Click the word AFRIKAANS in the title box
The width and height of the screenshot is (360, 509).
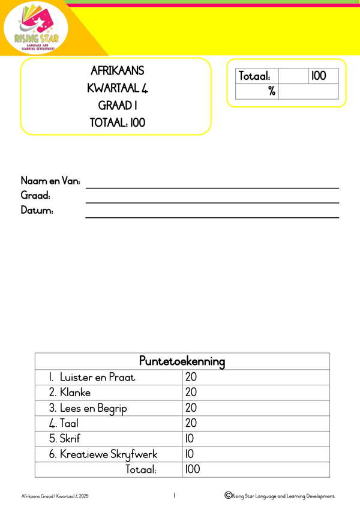pyautogui.click(x=117, y=71)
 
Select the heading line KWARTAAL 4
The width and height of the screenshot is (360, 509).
pyautogui.click(x=117, y=88)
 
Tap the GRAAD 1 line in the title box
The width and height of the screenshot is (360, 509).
pyautogui.click(x=117, y=106)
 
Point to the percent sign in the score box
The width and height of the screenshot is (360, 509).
pyautogui.click(x=271, y=91)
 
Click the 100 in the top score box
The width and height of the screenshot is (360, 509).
pyautogui.click(x=319, y=76)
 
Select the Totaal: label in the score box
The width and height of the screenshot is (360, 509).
pyautogui.click(x=254, y=76)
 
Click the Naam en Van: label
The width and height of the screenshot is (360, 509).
pyautogui.click(x=51, y=181)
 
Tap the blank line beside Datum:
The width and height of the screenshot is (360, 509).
pyautogui.click(x=212, y=217)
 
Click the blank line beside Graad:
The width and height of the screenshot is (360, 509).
pyautogui.click(x=212, y=202)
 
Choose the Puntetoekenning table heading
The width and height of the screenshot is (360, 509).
pyautogui.click(x=182, y=361)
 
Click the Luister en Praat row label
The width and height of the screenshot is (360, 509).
pyautogui.click(x=92, y=378)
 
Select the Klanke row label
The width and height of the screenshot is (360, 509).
pyautogui.click(x=70, y=393)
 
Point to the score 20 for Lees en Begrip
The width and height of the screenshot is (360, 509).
pyautogui.click(x=191, y=408)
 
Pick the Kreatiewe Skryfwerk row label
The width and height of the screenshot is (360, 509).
pyautogui.click(x=99, y=454)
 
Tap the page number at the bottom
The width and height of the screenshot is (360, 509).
pyautogui.click(x=174, y=496)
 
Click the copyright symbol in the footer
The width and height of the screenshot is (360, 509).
pyautogui.click(x=228, y=495)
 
